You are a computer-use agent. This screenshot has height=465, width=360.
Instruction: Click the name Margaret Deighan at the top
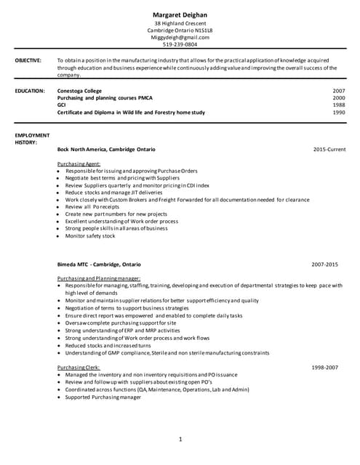click(x=180, y=15)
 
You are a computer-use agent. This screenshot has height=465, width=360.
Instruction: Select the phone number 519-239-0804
click(x=180, y=44)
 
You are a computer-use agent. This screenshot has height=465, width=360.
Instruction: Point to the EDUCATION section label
click(x=30, y=91)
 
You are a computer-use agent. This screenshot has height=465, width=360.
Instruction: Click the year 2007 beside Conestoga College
click(x=338, y=91)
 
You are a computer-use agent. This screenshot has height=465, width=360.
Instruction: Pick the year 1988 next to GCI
click(x=338, y=105)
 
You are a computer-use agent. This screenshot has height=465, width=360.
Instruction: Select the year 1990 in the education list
click(x=338, y=113)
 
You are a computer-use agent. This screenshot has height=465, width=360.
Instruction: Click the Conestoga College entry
click(x=80, y=91)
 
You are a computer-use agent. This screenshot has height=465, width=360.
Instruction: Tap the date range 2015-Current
click(x=329, y=149)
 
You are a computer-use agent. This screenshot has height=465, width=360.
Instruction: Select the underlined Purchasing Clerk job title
click(x=79, y=368)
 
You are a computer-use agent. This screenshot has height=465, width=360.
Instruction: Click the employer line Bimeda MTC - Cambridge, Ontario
click(x=99, y=264)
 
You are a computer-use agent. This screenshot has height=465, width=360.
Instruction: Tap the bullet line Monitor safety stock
click(x=90, y=236)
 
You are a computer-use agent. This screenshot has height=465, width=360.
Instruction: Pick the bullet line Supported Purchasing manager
click(x=103, y=397)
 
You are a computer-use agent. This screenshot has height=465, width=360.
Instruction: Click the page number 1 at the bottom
click(x=180, y=440)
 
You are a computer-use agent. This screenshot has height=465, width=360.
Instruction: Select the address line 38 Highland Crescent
click(x=180, y=23)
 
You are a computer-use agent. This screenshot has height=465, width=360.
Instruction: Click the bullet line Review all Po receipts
click(x=92, y=207)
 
